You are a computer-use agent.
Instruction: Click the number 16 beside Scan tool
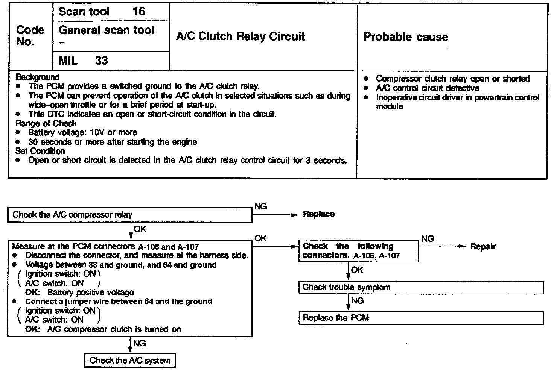pyautogui.click(x=139, y=11)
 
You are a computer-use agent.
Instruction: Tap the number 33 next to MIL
pyautogui.click(x=101, y=61)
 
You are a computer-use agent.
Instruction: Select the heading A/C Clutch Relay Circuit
pyautogui.click(x=240, y=36)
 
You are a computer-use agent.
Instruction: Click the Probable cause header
pyautogui.click(x=406, y=37)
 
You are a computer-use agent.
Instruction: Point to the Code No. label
pyautogui.click(x=30, y=36)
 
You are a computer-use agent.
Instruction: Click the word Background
pyautogui.click(x=37, y=77)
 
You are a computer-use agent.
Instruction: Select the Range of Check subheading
pyautogui.click(x=46, y=123)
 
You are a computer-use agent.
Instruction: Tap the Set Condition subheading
pyautogui.click(x=40, y=151)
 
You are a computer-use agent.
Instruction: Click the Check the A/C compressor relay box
pyautogui.click(x=129, y=215)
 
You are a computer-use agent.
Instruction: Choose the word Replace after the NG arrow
pyautogui.click(x=318, y=214)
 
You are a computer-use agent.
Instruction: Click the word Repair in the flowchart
pyautogui.click(x=483, y=247)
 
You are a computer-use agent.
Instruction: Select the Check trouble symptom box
pyautogui.click(x=421, y=288)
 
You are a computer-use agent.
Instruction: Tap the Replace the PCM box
pyautogui.click(x=421, y=318)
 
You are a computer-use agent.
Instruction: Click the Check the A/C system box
pyautogui.click(x=130, y=361)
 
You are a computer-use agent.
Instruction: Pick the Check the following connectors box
pyautogui.click(x=358, y=251)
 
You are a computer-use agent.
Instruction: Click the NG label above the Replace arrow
pyautogui.click(x=260, y=206)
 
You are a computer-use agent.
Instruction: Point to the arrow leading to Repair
pyautogui.click(x=442, y=247)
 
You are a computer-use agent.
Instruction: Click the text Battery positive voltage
pyautogui.click(x=90, y=293)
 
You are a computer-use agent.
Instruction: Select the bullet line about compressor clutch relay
pyautogui.click(x=452, y=79)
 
